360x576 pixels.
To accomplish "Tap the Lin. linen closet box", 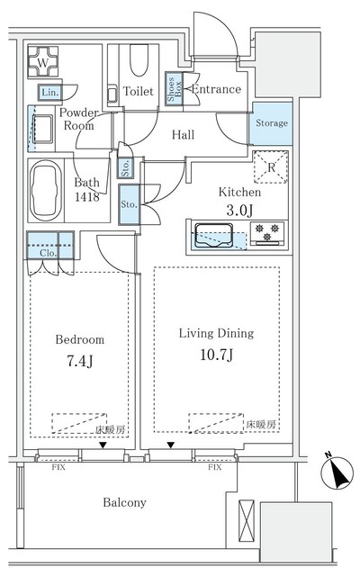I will pyautogui.click(x=48, y=93).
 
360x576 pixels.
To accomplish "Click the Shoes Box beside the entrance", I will pyautogui.click(x=174, y=91).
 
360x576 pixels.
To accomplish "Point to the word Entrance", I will pyautogui.click(x=216, y=89).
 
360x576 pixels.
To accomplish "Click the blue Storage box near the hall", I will pyautogui.click(x=271, y=123).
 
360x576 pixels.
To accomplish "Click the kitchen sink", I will pyautogui.click(x=216, y=238).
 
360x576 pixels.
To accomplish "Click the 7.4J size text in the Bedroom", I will pyautogui.click(x=79, y=363).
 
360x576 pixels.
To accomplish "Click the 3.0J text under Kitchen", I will pyautogui.click(x=239, y=210).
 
